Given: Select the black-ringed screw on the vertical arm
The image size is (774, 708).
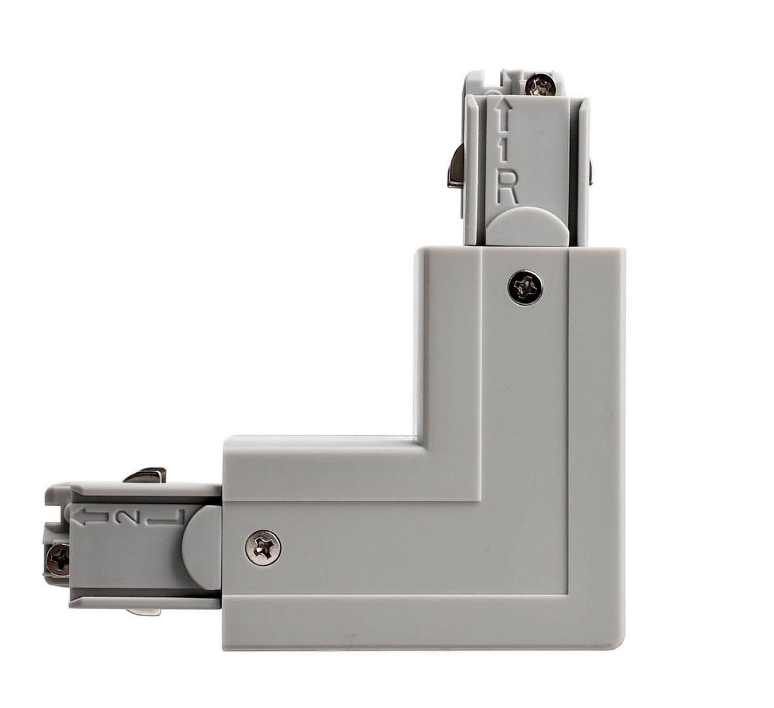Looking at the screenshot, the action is coord(525,287).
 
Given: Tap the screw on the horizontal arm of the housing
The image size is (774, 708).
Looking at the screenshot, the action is coord(263,547).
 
